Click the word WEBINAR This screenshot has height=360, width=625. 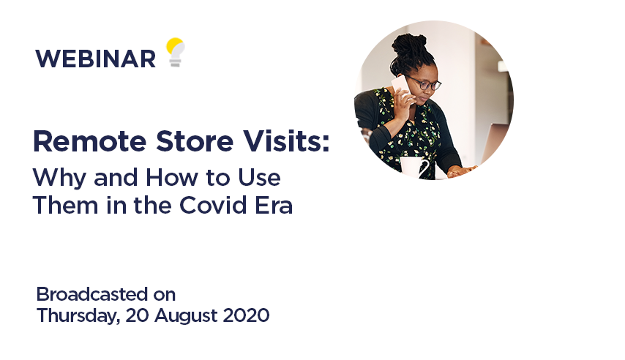point(95,59)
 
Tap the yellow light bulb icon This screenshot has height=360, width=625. point(175,52)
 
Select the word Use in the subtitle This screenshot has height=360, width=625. point(261,177)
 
